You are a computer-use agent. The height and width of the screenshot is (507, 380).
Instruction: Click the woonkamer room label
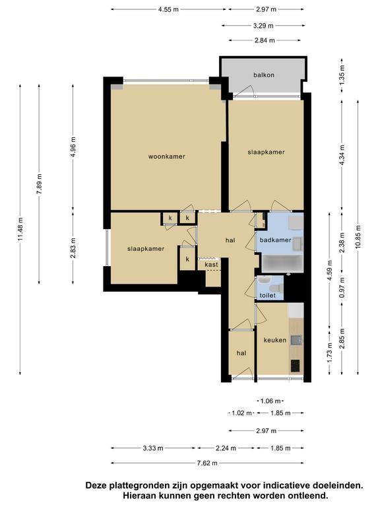(166, 156)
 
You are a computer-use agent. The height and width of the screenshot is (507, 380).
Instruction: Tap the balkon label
(264, 75)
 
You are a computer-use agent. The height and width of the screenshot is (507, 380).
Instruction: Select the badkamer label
(275, 240)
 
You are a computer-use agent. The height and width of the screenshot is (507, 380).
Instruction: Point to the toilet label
(268, 295)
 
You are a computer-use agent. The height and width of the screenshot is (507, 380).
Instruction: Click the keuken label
(274, 340)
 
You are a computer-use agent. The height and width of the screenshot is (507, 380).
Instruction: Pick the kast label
(211, 265)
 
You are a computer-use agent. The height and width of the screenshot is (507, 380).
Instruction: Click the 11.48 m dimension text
(20, 229)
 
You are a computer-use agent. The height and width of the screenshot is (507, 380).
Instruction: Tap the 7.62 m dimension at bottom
(207, 463)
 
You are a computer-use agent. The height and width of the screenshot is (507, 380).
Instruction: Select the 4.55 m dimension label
(168, 9)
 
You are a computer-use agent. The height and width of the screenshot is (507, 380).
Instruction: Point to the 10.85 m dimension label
(358, 237)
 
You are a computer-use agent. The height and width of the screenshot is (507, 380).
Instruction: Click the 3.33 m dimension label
(153, 448)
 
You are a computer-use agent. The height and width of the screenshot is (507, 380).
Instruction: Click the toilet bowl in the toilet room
(276, 288)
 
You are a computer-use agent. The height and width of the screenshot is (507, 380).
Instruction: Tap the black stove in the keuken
(296, 366)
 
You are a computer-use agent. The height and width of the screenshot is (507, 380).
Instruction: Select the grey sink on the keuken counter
(296, 340)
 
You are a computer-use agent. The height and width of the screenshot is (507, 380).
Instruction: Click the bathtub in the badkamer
(282, 263)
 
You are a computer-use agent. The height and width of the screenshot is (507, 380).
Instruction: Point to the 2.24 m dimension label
(226, 448)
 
